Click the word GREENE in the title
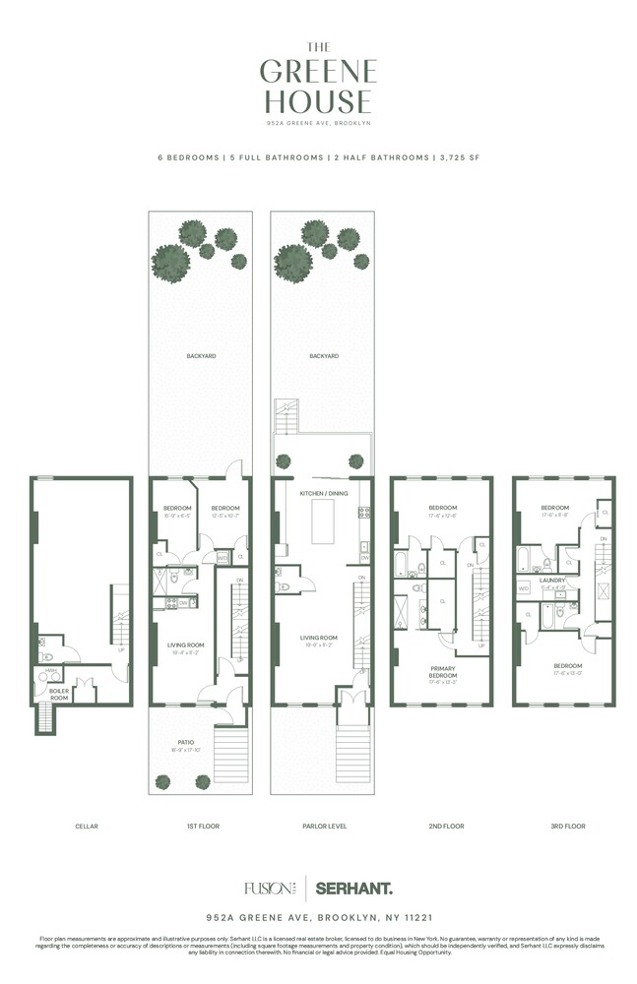point(318,71)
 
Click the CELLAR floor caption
point(86,826)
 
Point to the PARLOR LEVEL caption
point(324,826)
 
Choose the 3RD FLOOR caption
point(567,826)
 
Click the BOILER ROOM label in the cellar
point(58,693)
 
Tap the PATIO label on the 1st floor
point(186,742)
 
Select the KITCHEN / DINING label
point(324,492)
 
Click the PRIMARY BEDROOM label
point(442,673)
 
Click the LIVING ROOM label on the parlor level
point(319,638)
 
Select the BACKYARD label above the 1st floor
point(201,355)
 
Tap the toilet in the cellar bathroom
point(44,655)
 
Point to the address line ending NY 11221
point(318,915)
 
